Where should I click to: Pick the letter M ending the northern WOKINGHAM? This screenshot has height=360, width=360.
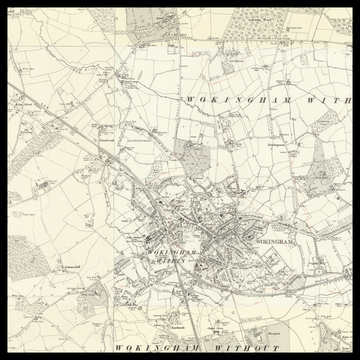click(x=282, y=99)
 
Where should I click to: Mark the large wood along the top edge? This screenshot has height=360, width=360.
click(x=255, y=25)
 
